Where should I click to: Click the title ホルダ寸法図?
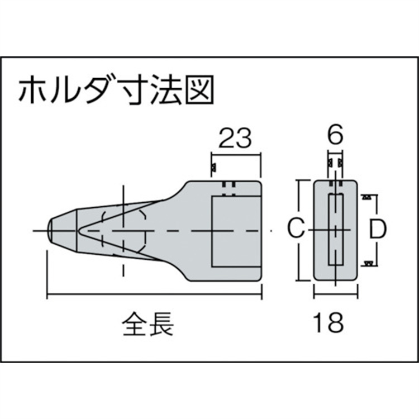click(116, 89)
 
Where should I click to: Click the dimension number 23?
click(235, 138)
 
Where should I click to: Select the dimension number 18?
click(328, 322)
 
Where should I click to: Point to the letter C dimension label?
click(296, 228)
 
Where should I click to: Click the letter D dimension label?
click(378, 228)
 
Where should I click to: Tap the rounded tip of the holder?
click(50, 230)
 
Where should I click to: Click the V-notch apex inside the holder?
click(78, 230)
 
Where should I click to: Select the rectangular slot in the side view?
click(236, 231)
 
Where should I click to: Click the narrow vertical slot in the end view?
click(336, 230)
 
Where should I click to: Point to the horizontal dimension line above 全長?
click(154, 295)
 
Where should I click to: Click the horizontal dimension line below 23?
click(236, 154)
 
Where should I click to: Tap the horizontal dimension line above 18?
click(336, 295)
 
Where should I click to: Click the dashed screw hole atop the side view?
click(228, 189)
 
